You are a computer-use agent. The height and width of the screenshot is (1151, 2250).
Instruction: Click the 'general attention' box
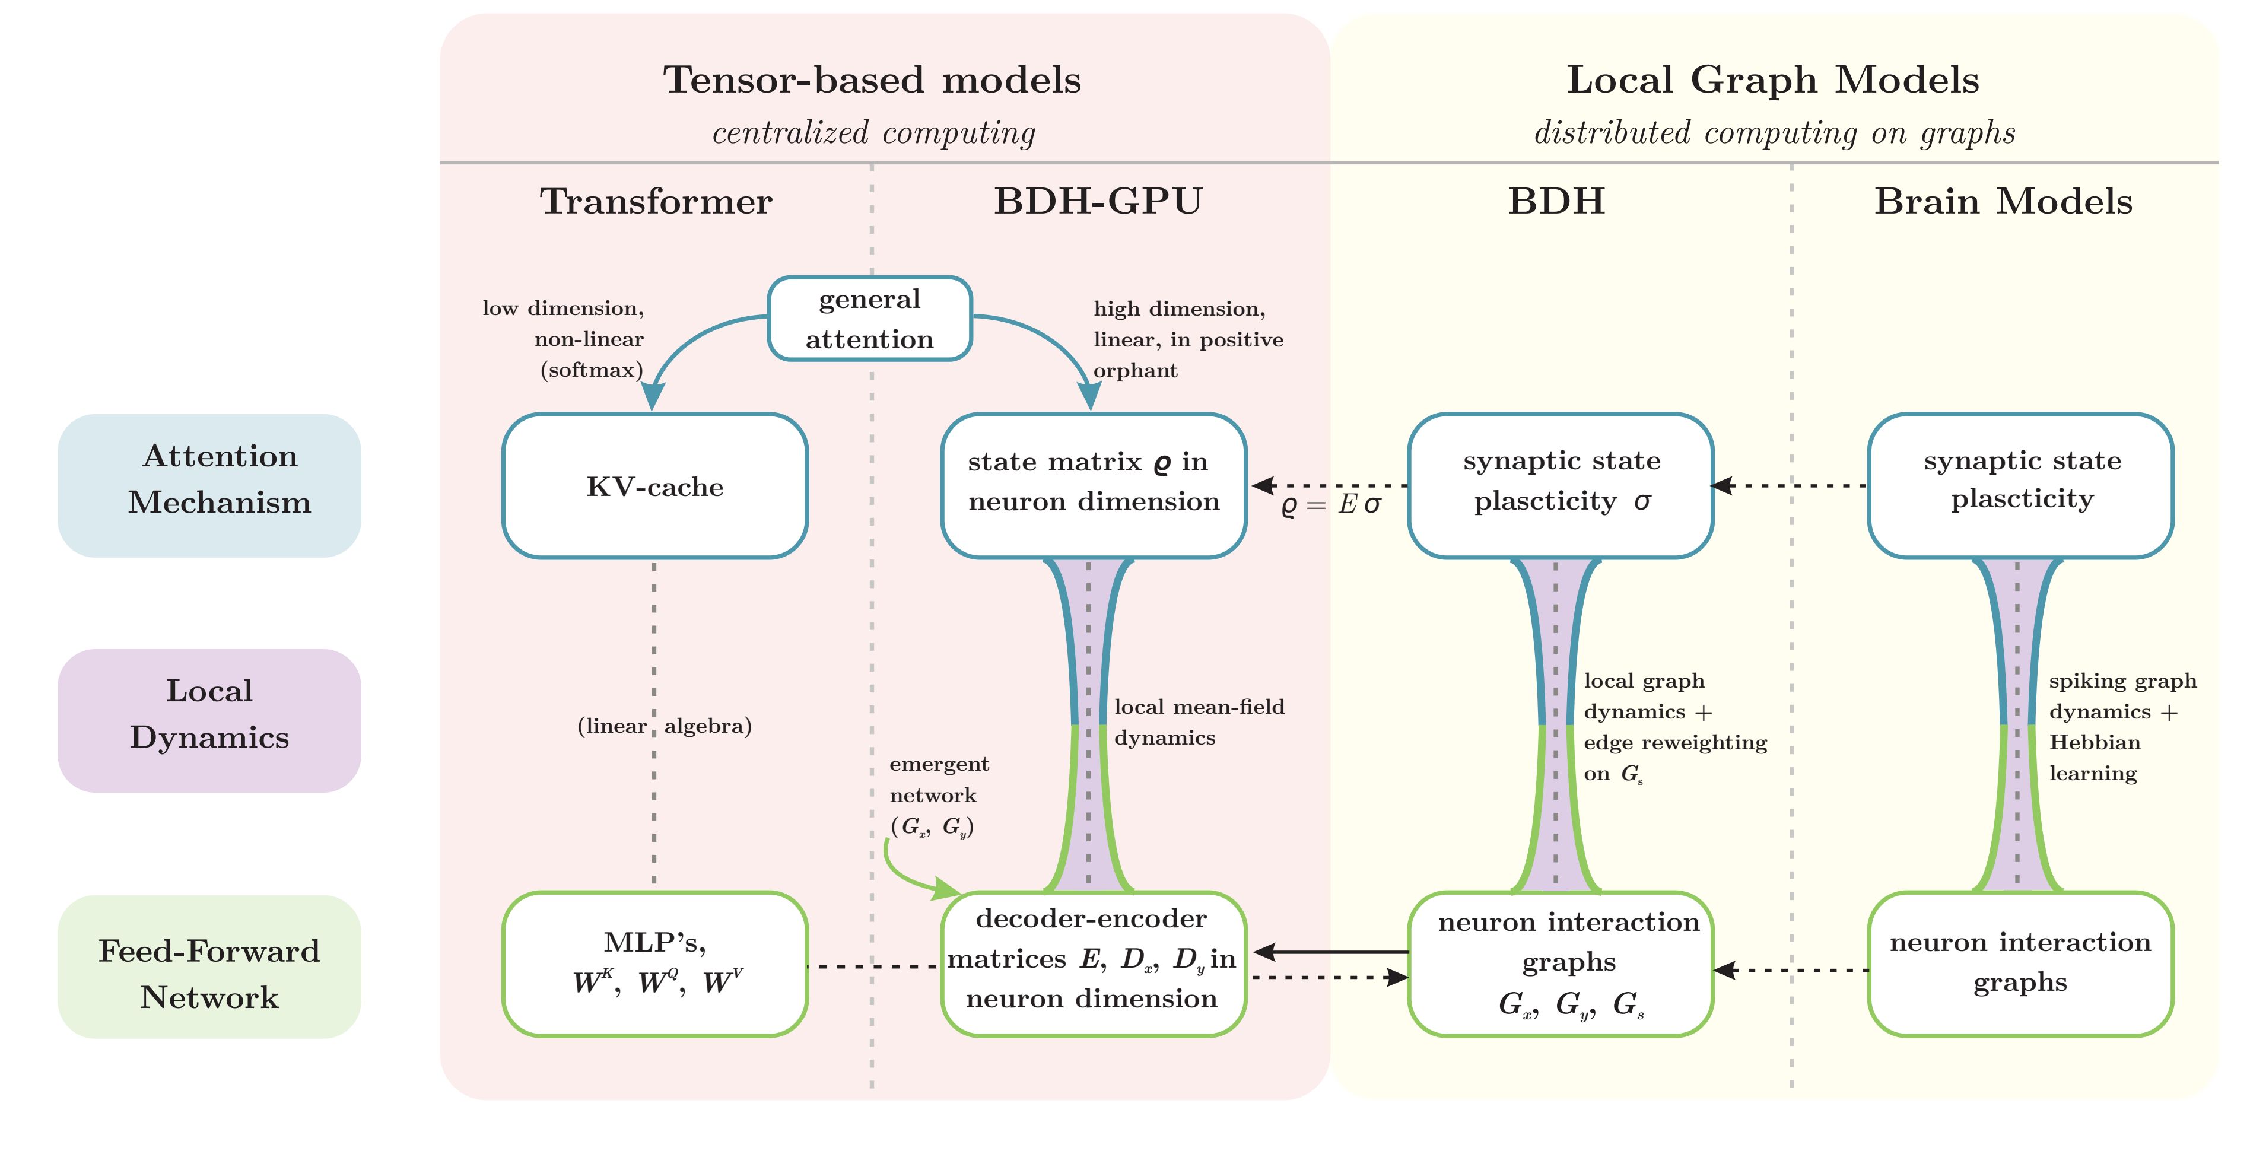click(x=869, y=319)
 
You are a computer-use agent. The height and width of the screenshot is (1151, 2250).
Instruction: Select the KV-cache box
click(x=654, y=485)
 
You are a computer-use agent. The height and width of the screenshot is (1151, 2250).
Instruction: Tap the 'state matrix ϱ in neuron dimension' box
click(x=1094, y=485)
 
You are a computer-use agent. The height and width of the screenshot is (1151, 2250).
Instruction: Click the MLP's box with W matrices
click(x=654, y=964)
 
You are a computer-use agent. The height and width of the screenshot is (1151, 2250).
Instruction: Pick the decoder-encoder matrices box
click(x=1094, y=964)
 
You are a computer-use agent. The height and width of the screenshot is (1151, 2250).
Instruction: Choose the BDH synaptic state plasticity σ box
click(x=1561, y=485)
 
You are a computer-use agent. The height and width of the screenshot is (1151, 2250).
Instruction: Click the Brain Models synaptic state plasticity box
click(x=2020, y=485)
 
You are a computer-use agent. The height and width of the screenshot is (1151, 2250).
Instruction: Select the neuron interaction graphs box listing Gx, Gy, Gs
click(x=1561, y=964)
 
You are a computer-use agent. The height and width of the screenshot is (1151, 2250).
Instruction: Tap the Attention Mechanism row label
click(x=209, y=485)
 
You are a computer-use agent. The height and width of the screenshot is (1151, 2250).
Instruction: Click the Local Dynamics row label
click(x=209, y=720)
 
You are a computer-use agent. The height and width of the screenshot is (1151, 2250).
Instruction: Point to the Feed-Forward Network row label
click(x=209, y=966)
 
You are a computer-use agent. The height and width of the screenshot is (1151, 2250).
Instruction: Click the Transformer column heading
click(x=656, y=202)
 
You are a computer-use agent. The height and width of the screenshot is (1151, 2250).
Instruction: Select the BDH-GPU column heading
click(x=1098, y=202)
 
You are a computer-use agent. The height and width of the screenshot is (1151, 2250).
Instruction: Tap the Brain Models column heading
click(x=2003, y=202)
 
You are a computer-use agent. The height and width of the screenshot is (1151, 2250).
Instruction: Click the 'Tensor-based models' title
click(x=872, y=80)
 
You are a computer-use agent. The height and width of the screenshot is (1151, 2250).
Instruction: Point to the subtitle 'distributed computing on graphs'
click(x=1774, y=133)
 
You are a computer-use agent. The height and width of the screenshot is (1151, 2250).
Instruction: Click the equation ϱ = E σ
click(x=1331, y=505)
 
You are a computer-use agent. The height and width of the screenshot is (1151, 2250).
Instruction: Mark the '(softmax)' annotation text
click(x=592, y=370)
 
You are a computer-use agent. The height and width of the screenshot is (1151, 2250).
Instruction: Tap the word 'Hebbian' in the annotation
click(x=2095, y=742)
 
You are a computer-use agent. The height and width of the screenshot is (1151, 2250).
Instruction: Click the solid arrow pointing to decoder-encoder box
click(x=1331, y=952)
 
